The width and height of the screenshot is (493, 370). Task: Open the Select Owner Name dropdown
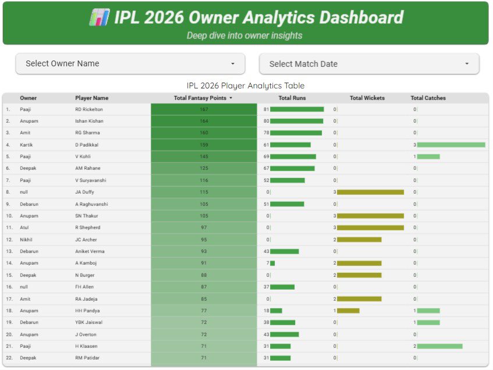pyautogui.click(x=130, y=63)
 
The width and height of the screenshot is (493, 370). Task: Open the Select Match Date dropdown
pyautogui.click(x=369, y=64)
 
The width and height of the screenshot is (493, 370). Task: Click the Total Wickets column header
pyautogui.click(x=367, y=98)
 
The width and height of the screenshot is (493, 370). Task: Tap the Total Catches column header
pyautogui.click(x=428, y=98)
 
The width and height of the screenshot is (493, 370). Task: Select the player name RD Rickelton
pyautogui.click(x=89, y=109)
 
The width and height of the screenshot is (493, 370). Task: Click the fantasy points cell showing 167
pyautogui.click(x=204, y=109)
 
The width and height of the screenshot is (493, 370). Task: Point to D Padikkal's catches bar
pyautogui.click(x=451, y=145)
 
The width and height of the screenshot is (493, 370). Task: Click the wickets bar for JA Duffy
pyautogui.click(x=370, y=192)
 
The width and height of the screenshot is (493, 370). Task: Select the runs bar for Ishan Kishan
pyautogui.click(x=296, y=121)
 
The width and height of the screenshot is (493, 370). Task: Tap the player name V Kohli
pyautogui.click(x=83, y=156)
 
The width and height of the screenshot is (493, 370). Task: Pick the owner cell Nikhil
pyautogui.click(x=27, y=240)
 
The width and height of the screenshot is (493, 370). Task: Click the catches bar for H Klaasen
pyautogui.click(x=439, y=346)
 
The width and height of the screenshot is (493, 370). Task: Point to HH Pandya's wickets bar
pyautogui.click(x=348, y=311)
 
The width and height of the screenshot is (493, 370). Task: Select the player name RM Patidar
pyautogui.click(x=87, y=358)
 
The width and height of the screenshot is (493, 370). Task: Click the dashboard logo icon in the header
pyautogui.click(x=100, y=17)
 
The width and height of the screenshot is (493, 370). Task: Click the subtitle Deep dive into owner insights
pyautogui.click(x=244, y=35)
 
